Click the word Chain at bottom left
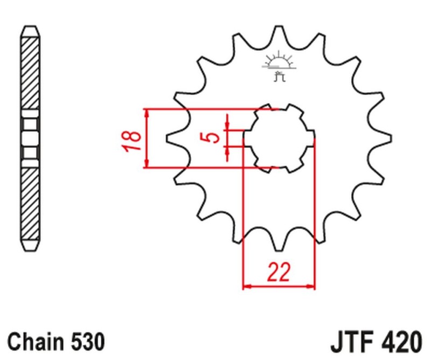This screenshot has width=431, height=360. (36, 342)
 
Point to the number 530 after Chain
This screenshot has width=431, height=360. (86, 342)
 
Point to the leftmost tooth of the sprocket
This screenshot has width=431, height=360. (173, 138)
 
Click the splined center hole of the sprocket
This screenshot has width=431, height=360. (279, 138)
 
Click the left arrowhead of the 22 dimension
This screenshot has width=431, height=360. (247, 286)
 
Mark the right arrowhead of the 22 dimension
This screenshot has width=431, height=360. (311, 286)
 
